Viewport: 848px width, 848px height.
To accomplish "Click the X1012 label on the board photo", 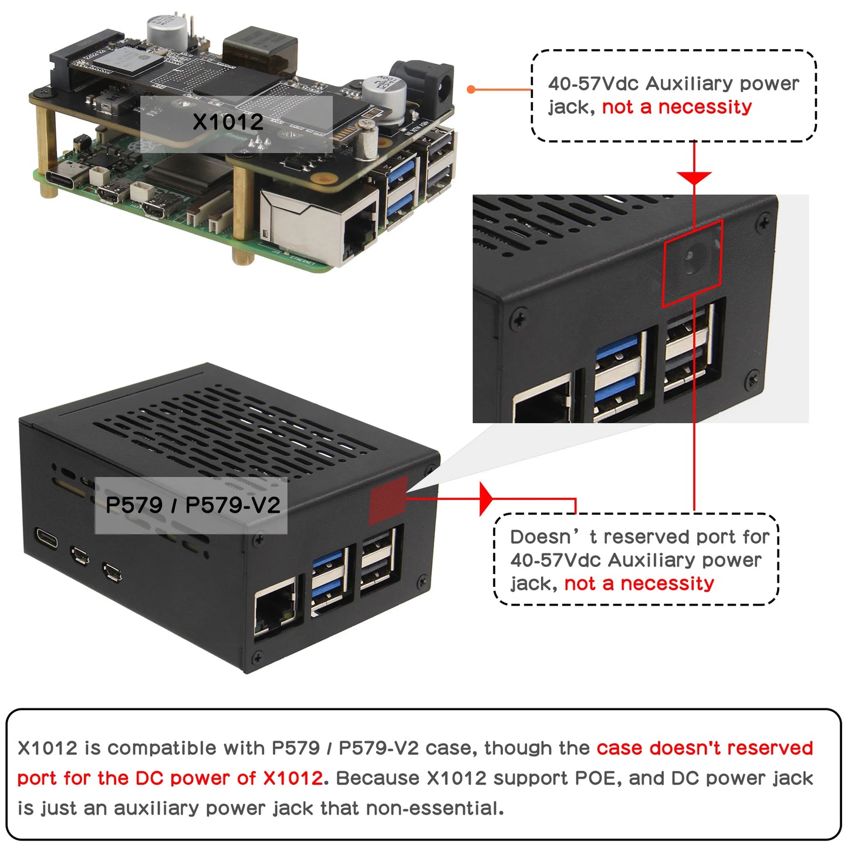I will [228, 122].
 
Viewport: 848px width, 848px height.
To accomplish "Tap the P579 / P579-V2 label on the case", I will [192, 505].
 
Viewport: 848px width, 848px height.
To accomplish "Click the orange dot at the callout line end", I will [471, 89].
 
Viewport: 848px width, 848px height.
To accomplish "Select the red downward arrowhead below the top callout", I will [694, 178].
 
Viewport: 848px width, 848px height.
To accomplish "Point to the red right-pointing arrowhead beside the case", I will [485, 499].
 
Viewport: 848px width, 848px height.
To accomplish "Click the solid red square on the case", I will [388, 500].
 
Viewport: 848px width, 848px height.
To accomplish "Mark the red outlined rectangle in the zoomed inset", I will [692, 263].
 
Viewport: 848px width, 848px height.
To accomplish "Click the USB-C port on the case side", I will [47, 538].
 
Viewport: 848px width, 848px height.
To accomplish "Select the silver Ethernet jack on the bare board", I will [320, 227].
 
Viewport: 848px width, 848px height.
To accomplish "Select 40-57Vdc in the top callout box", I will [593, 84].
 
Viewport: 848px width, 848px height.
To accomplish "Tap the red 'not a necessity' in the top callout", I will [676, 107].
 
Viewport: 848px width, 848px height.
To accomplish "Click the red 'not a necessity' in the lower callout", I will [638, 584].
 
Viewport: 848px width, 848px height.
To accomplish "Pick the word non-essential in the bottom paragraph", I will [434, 809].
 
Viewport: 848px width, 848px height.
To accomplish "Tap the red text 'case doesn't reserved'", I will [704, 748].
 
